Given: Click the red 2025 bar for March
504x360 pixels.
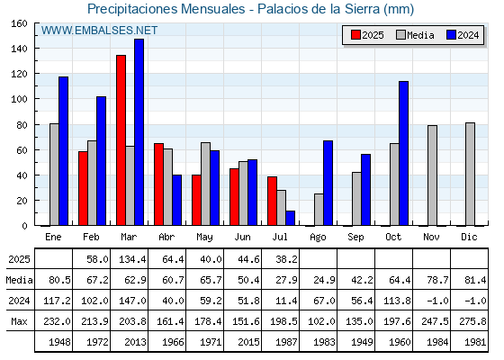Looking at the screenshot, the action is [121, 140].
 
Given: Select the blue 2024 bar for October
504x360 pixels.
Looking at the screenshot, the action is [404, 153].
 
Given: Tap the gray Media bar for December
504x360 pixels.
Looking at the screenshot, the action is [470, 174].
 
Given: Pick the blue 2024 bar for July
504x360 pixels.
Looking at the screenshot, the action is [290, 218].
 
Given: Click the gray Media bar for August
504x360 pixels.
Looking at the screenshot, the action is [319, 210].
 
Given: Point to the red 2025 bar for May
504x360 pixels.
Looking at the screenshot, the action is [196, 200].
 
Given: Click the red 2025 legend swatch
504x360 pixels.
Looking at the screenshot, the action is [355, 35].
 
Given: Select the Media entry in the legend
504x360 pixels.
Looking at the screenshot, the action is [415, 35].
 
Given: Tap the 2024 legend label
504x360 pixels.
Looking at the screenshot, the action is [468, 35].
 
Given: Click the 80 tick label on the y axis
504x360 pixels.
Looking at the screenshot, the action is [22, 125].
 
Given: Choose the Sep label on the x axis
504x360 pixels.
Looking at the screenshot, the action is [355, 237].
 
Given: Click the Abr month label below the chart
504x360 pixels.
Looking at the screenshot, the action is [166, 237].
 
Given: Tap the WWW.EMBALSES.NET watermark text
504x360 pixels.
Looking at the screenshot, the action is [99, 31].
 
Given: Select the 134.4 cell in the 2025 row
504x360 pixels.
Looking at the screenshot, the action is [133, 259].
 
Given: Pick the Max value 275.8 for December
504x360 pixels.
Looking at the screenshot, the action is [472, 321].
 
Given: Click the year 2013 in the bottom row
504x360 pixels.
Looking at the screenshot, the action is [135, 342].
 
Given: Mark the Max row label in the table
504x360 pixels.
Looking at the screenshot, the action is [19, 321].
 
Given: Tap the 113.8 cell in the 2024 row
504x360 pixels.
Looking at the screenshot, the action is [397, 301].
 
